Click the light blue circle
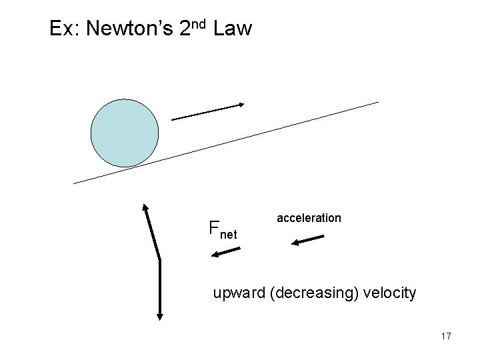tap(125, 133)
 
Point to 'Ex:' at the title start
tap(65, 29)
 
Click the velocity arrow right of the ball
tap(207, 111)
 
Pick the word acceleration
tap(309, 218)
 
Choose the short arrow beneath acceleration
tap(307, 240)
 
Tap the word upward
tap(239, 293)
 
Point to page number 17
tap(445, 336)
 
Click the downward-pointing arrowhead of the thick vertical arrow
tap(160, 315)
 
